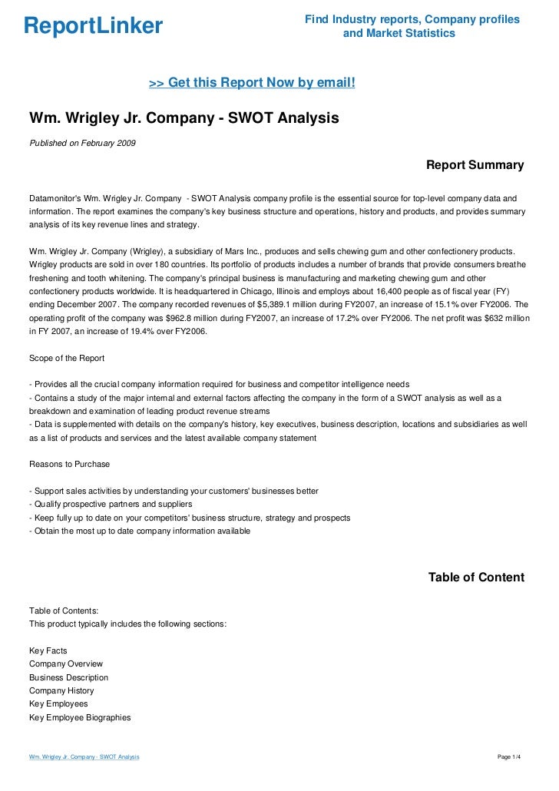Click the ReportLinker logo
tap(93, 27)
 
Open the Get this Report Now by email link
tap(252, 82)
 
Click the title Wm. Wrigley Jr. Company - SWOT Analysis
tap(184, 119)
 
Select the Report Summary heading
tap(475, 165)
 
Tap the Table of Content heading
tap(476, 578)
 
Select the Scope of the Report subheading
tap(67, 358)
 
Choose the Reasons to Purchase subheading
tap(69, 464)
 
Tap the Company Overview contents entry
tap(66, 664)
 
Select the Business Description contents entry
tap(68, 677)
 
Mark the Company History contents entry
tap(61, 690)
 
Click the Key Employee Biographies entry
tap(80, 717)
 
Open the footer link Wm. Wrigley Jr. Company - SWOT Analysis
tap(84, 757)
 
